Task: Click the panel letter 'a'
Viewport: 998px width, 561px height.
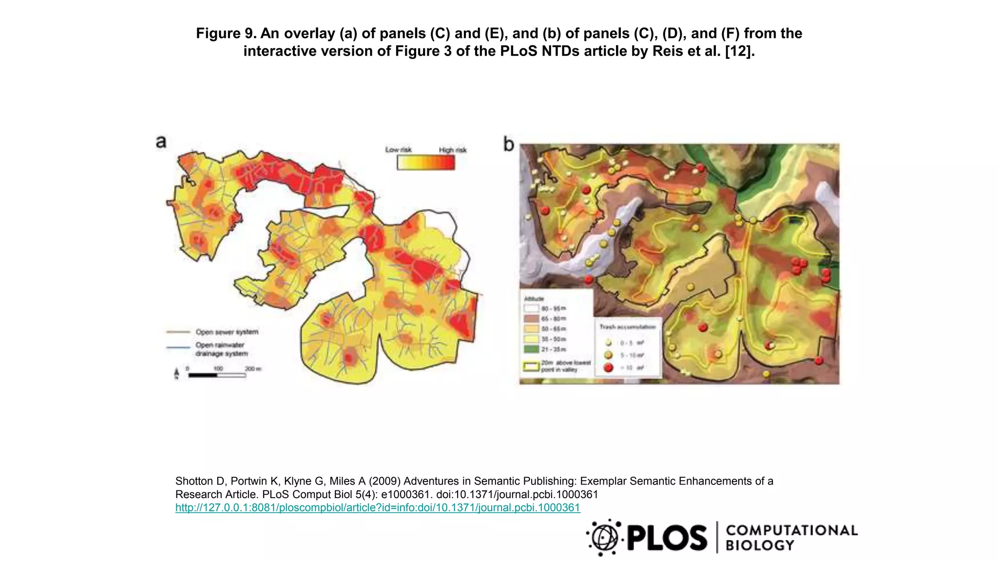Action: (161, 142)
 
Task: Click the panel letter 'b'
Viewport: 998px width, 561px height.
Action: (508, 144)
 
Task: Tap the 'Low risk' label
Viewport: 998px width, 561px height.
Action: (398, 150)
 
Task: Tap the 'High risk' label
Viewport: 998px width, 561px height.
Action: (452, 150)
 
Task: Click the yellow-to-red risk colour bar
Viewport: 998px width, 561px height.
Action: (425, 163)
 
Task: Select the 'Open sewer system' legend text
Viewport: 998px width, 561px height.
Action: (227, 332)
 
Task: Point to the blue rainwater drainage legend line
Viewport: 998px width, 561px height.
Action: (178, 347)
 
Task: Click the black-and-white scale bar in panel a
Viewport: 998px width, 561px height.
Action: (216, 375)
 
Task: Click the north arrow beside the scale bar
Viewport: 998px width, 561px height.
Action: (176, 374)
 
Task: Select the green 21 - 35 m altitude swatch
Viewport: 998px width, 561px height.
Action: (531, 349)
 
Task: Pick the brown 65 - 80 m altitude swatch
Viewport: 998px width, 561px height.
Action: (531, 318)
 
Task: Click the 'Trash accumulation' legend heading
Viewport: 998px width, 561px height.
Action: (627, 327)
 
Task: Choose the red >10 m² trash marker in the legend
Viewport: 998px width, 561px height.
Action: (608, 368)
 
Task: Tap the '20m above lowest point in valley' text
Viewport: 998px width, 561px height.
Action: (565, 366)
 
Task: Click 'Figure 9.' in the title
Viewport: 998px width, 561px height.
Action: (226, 33)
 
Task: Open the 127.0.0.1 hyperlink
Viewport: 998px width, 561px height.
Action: (378, 507)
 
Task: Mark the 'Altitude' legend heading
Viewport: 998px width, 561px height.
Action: (534, 299)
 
